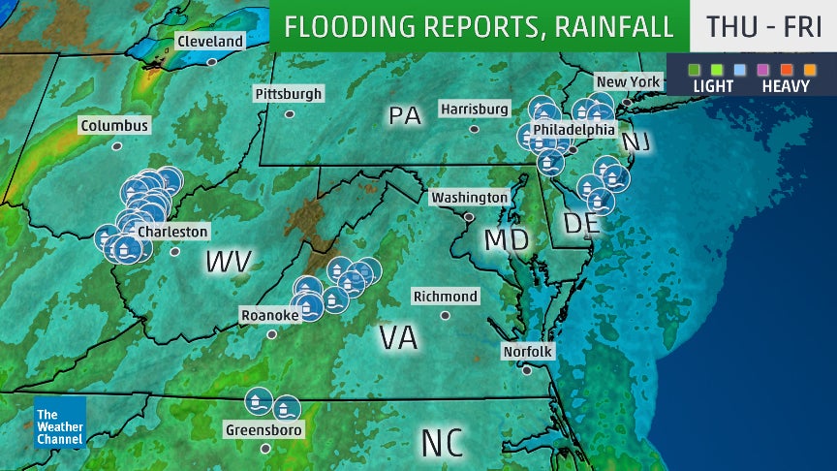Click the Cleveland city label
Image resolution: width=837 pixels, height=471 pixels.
click(209, 42)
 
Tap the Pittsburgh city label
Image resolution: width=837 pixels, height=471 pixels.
click(288, 93)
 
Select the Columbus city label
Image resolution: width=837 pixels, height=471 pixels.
click(115, 126)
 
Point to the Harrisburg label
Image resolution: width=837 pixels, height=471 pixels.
click(474, 109)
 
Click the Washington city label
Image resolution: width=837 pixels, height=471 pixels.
click(470, 197)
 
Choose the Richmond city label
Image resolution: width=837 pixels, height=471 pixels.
click(445, 296)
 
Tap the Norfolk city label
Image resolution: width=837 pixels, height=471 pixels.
click(528, 351)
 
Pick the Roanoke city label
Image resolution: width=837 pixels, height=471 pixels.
click(270, 314)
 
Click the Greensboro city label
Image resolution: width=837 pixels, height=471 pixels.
click(263, 429)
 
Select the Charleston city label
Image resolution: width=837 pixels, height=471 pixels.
click(172, 232)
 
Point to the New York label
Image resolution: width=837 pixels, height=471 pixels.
click(628, 81)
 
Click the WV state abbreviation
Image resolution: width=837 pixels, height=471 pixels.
click(229, 261)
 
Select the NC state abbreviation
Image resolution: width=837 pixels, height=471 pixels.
click(444, 441)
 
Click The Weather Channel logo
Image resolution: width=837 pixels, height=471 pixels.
click(60, 423)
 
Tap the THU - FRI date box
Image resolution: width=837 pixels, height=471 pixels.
click(763, 26)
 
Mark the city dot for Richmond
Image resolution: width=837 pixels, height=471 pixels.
click(445, 315)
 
